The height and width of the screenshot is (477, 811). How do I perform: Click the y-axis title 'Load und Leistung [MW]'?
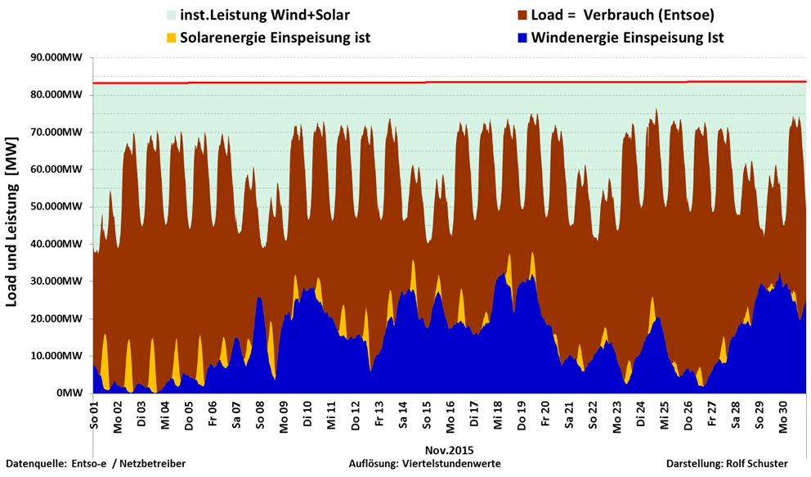[12, 223]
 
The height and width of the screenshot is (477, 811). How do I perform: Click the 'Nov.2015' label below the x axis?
[449, 450]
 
